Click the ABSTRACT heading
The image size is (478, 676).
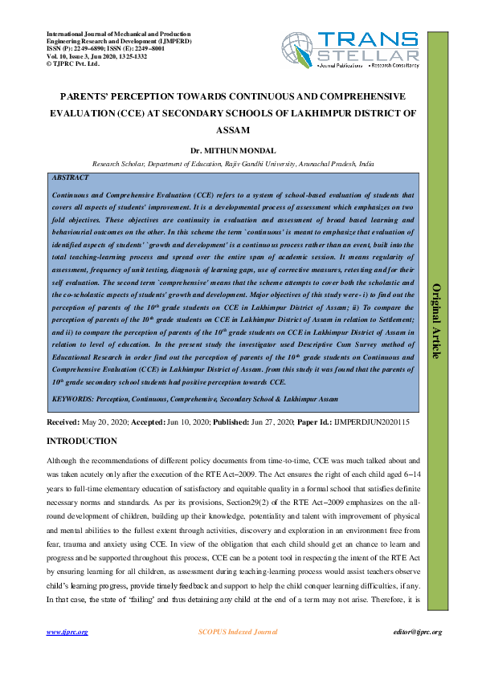click(x=70, y=176)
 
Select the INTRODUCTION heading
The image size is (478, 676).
click(x=82, y=442)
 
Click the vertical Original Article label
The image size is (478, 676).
click(x=437, y=320)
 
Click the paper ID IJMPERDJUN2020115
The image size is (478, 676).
click(x=371, y=421)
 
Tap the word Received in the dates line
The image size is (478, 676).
click(x=63, y=421)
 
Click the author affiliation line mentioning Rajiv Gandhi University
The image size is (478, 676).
click(x=233, y=162)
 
